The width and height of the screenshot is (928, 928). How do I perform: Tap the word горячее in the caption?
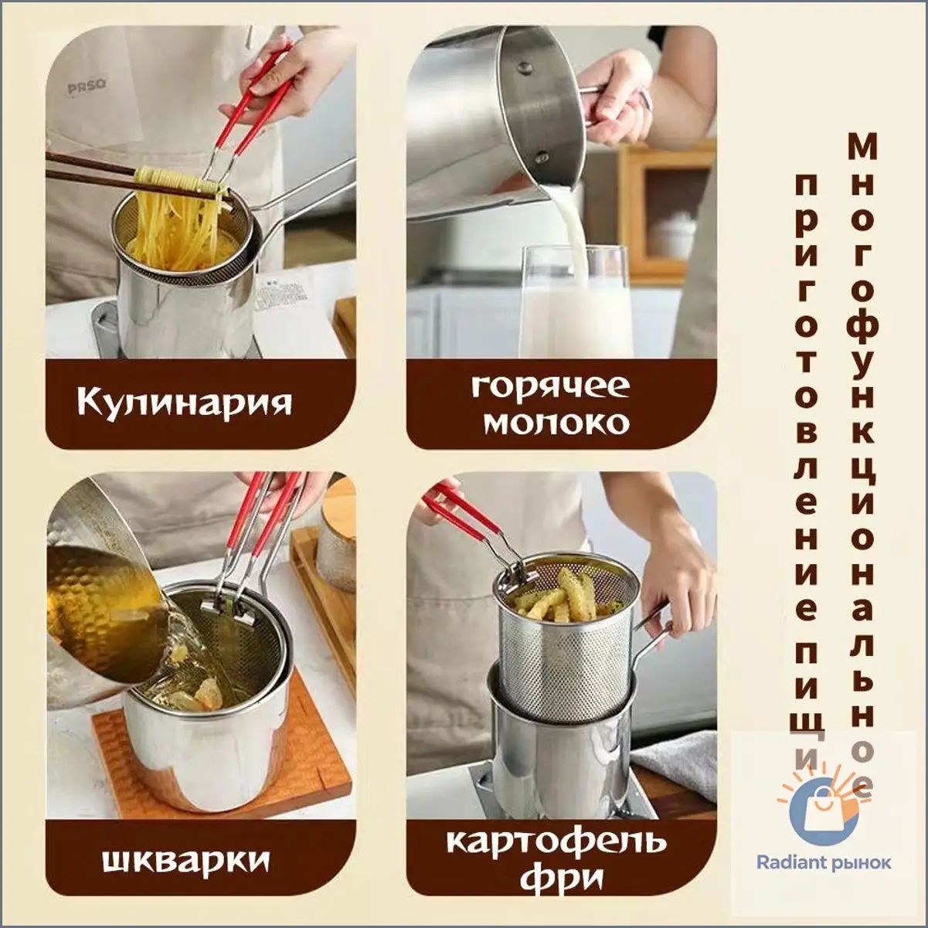pos(551,388)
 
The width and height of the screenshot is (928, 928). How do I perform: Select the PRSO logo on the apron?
pos(87,87)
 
